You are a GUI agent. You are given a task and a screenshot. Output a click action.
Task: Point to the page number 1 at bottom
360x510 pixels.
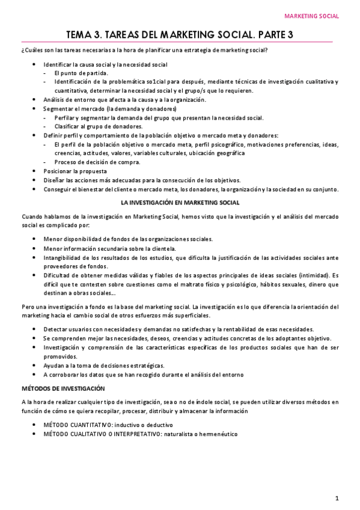pos(338,498)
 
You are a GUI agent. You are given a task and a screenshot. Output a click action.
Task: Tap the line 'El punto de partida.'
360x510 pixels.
pos(81,73)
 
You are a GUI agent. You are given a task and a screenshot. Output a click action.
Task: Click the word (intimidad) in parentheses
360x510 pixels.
pos(304,275)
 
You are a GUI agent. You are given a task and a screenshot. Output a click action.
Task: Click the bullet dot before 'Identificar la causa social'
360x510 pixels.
pos(35,64)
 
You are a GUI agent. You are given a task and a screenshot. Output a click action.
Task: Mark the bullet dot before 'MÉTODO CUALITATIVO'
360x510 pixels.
pos(35,434)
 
